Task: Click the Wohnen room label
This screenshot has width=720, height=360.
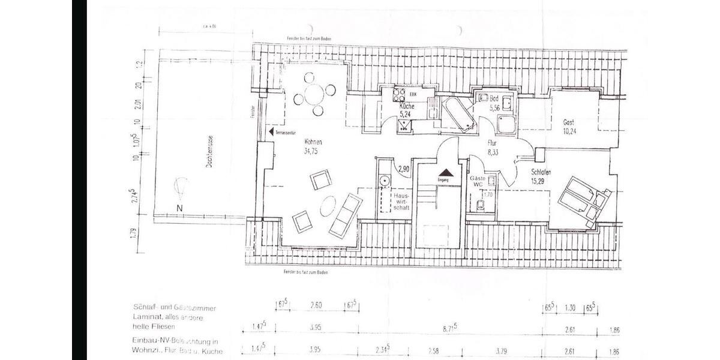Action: point(313,142)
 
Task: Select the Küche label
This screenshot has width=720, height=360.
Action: point(407,106)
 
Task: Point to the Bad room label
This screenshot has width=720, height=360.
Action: point(494,98)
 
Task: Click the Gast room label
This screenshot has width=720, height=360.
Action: point(568,122)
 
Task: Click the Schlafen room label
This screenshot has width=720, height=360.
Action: point(541,172)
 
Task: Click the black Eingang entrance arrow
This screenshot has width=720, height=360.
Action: point(444,172)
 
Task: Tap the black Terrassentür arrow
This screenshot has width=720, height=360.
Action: point(272,131)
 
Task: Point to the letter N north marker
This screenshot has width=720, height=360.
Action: point(179,208)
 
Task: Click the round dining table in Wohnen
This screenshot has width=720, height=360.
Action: point(314,94)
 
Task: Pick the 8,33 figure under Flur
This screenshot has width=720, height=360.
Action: point(493,153)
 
